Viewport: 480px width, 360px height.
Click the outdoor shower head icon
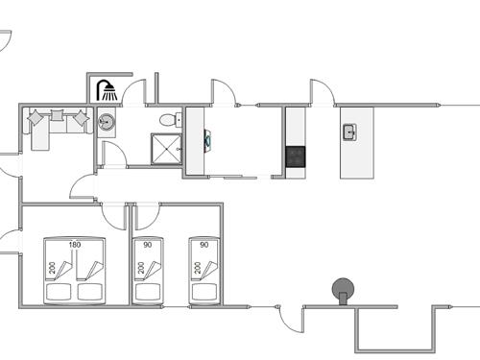point(107,91)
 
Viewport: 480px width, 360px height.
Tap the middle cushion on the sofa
point(58,116)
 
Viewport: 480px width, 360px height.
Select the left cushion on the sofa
point(37,118)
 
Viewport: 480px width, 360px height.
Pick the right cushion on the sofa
point(79,118)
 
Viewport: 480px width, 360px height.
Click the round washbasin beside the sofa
point(107,123)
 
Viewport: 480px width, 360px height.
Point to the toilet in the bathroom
point(169,120)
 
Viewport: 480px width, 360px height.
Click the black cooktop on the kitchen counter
point(295,156)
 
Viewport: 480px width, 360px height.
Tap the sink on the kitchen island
point(349,132)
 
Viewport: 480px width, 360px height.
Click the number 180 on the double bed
point(75,246)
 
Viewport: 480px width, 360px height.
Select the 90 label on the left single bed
point(149,246)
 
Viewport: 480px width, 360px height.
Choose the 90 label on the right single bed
point(204,246)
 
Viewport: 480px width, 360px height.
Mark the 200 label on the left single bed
point(141,268)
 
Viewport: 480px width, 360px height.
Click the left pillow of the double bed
point(60,290)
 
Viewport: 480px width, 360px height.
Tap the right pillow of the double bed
point(89,290)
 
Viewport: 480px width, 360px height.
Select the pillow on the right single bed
point(204,290)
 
